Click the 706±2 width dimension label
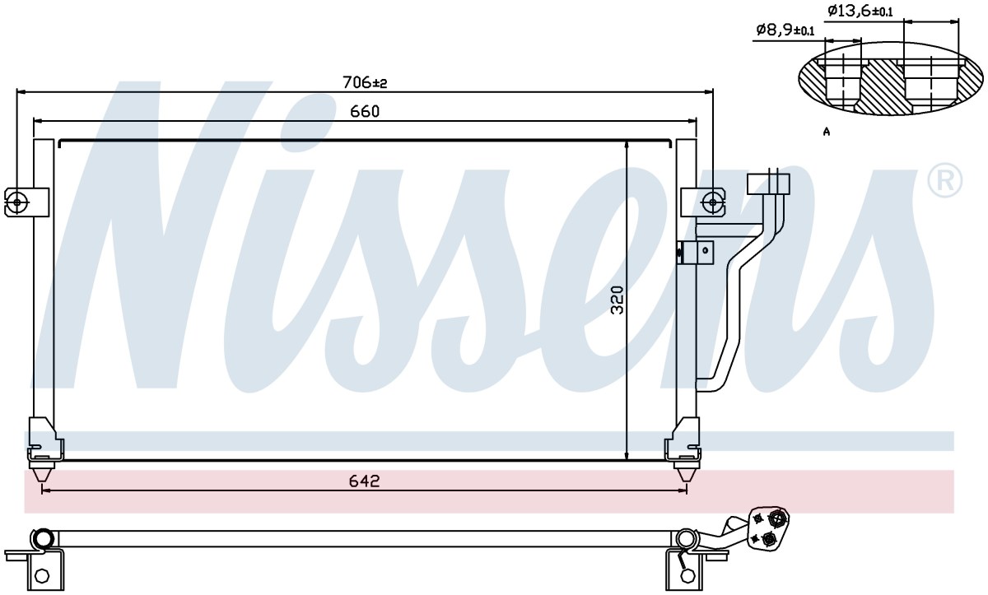(365, 82)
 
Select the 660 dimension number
(365, 111)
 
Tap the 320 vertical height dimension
(618, 300)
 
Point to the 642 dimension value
(364, 481)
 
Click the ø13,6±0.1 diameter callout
(860, 11)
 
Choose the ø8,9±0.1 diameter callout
(785, 30)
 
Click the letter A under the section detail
(827, 132)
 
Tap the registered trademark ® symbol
(945, 180)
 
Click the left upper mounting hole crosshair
(16, 202)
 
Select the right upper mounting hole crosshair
(712, 202)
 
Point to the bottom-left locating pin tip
(41, 482)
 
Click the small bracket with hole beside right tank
(701, 252)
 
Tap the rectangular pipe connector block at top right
(768, 184)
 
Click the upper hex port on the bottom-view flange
(776, 518)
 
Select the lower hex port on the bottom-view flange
(769, 539)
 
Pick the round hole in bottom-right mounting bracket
(686, 575)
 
